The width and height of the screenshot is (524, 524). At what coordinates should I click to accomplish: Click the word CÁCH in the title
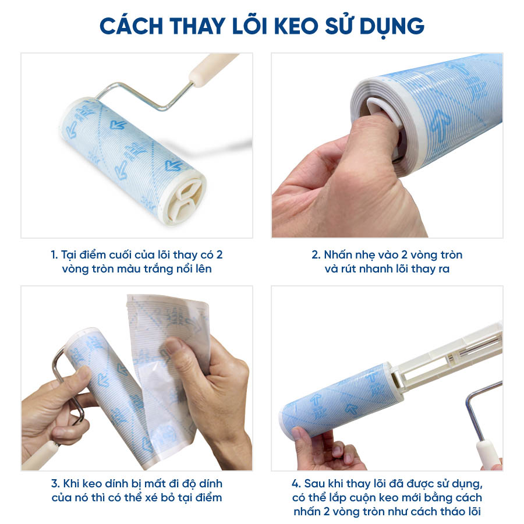tap(130, 26)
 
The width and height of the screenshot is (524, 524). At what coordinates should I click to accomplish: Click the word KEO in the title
tap(296, 26)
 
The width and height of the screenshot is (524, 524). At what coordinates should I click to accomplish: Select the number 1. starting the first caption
tap(54, 255)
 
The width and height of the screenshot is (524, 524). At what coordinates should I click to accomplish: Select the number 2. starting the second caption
tap(316, 255)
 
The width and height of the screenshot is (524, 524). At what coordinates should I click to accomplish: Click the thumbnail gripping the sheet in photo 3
tap(174, 346)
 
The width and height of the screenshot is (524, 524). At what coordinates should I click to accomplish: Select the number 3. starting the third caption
tap(55, 484)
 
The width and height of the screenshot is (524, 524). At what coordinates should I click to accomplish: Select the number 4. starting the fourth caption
tap(296, 484)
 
